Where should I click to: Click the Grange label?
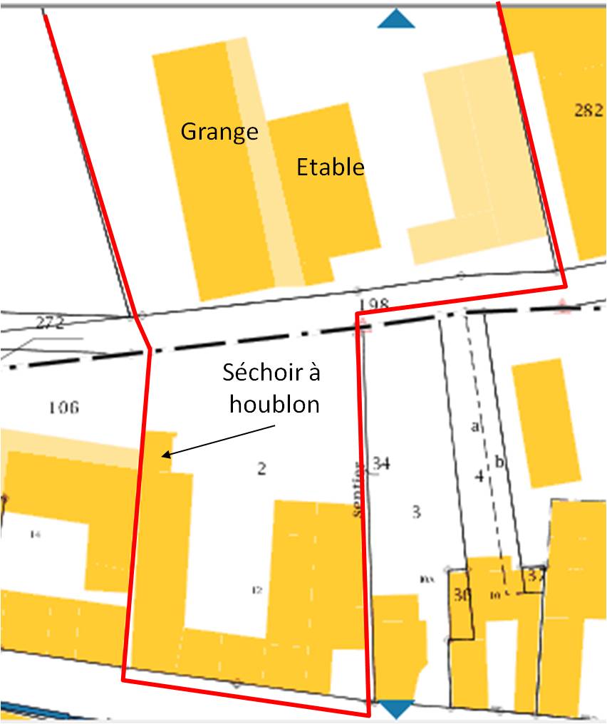219,132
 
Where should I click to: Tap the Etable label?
330,167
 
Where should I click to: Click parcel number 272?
50,322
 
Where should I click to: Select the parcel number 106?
63,408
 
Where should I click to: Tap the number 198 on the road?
374,305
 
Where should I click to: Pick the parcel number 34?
381,464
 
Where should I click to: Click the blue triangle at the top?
396,19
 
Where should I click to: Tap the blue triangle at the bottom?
396,708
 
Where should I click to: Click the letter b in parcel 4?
499,462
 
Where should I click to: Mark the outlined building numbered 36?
461,595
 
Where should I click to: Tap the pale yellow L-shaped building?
470,164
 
